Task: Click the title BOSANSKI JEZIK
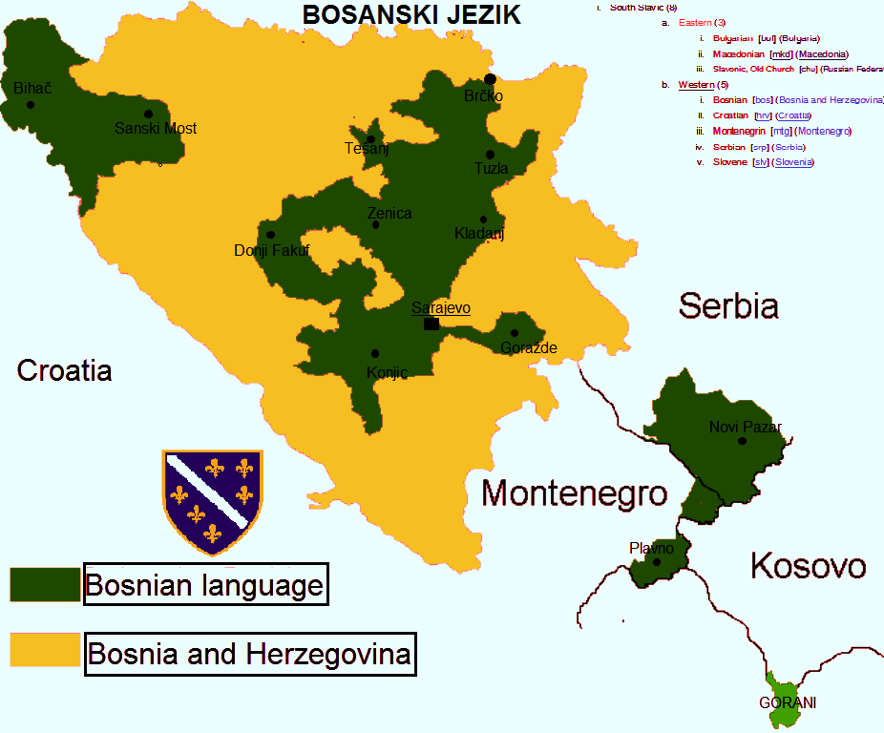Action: click(410, 14)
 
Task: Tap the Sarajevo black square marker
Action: click(431, 324)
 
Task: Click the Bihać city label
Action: click(32, 88)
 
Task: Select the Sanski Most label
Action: click(156, 128)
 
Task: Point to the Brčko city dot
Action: click(490, 79)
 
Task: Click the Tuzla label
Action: click(492, 169)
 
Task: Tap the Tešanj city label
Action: click(367, 148)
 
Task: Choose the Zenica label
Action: click(389, 213)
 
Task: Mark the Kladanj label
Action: click(479, 234)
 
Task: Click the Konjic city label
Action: click(387, 372)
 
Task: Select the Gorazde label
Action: click(529, 348)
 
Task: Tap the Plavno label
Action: click(651, 548)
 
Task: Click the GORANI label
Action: click(788, 703)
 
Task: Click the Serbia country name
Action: click(728, 305)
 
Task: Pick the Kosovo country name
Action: click(808, 565)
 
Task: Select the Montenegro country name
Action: click(574, 493)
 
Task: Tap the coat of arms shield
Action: click(212, 502)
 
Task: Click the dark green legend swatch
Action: click(45, 584)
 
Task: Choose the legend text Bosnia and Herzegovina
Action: click(249, 655)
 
